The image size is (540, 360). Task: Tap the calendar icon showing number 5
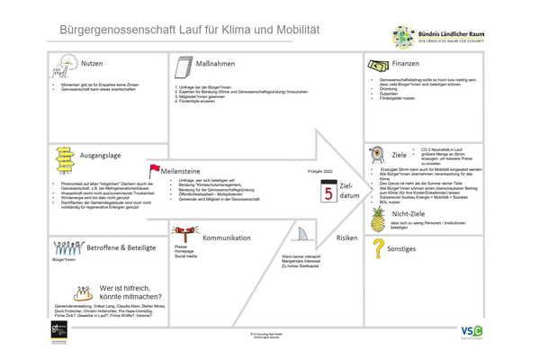(x=328, y=191)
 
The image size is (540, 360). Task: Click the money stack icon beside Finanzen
(x=375, y=66)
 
